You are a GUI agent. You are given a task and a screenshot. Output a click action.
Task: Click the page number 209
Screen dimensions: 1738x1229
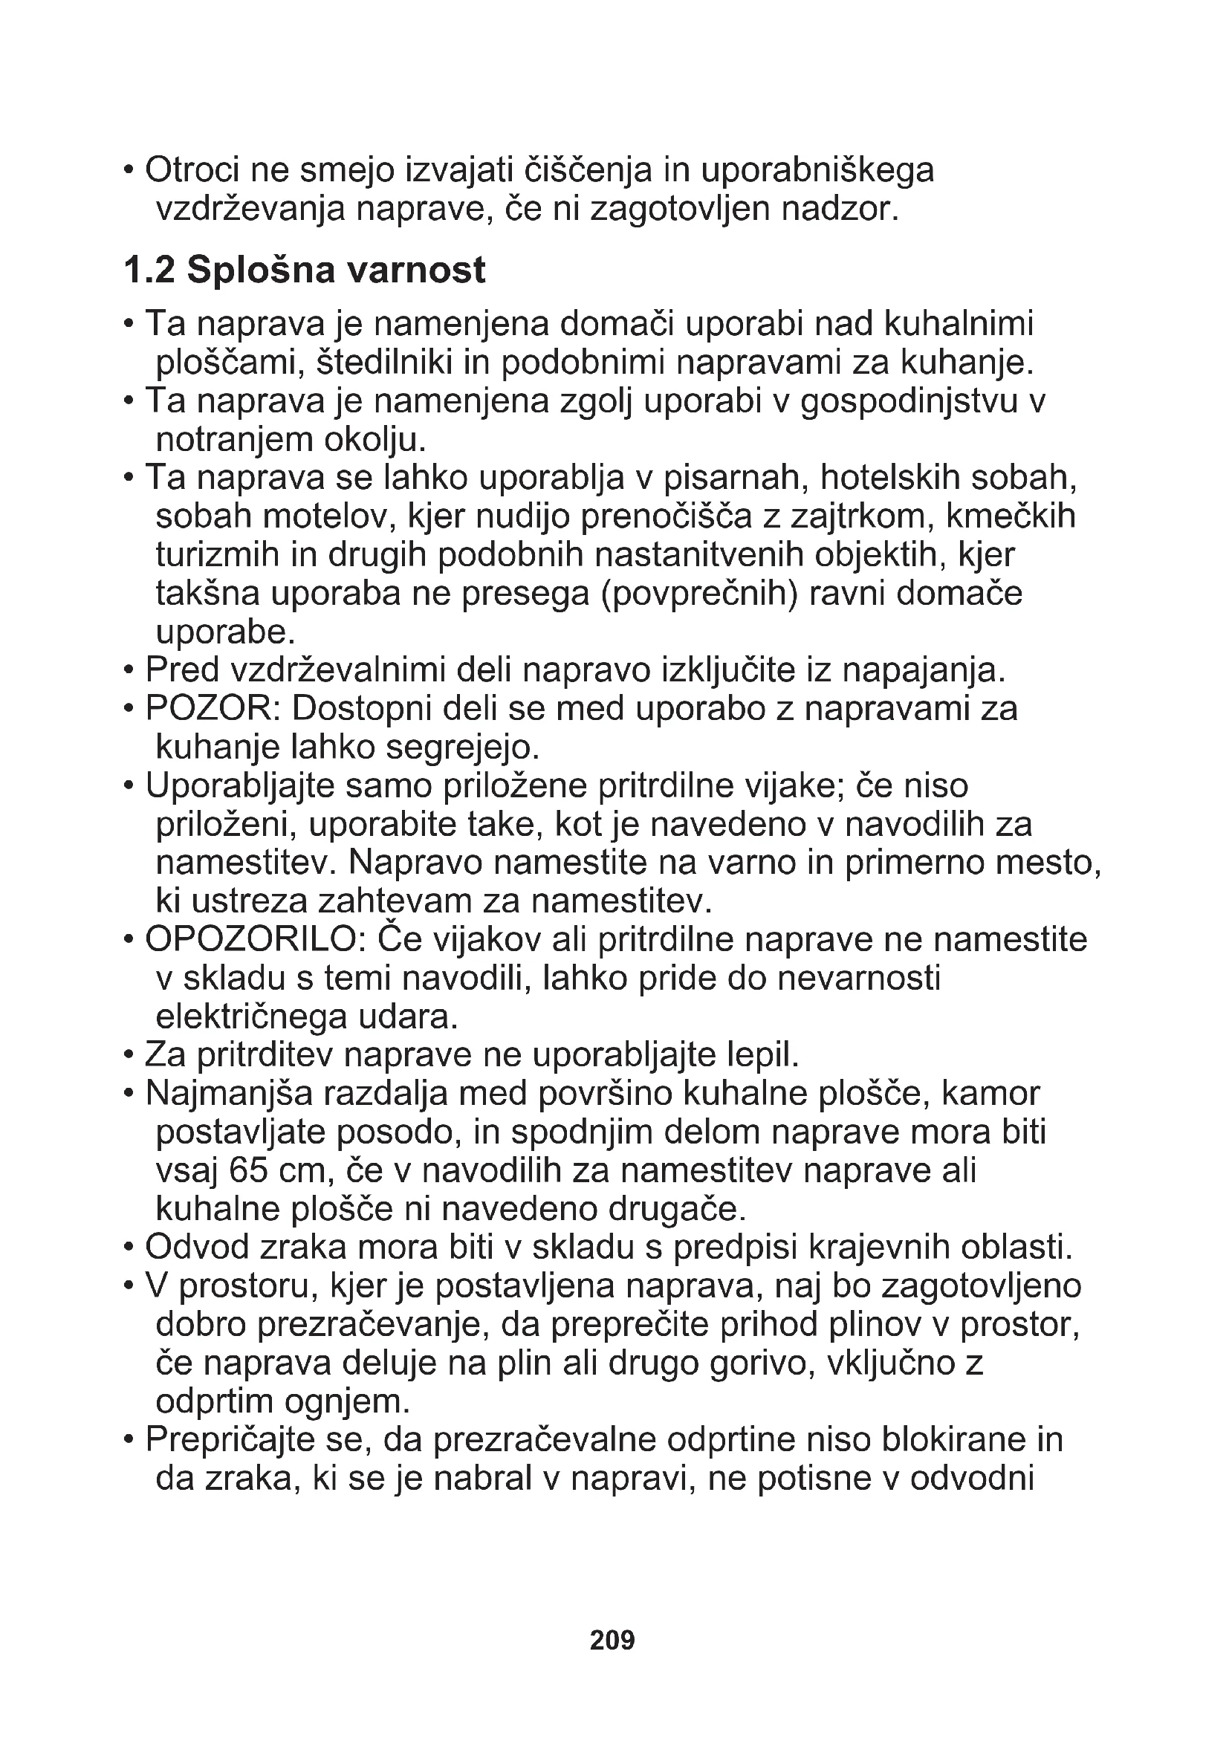coord(612,1640)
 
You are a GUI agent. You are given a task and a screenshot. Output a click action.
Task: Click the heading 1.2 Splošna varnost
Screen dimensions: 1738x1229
coord(304,270)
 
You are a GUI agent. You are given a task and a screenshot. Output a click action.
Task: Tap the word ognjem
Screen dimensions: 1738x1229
coord(346,1402)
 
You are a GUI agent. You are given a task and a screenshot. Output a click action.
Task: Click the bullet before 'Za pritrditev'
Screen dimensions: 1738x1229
coord(129,1054)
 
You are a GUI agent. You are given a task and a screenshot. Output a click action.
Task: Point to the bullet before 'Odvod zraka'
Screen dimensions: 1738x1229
coord(129,1247)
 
